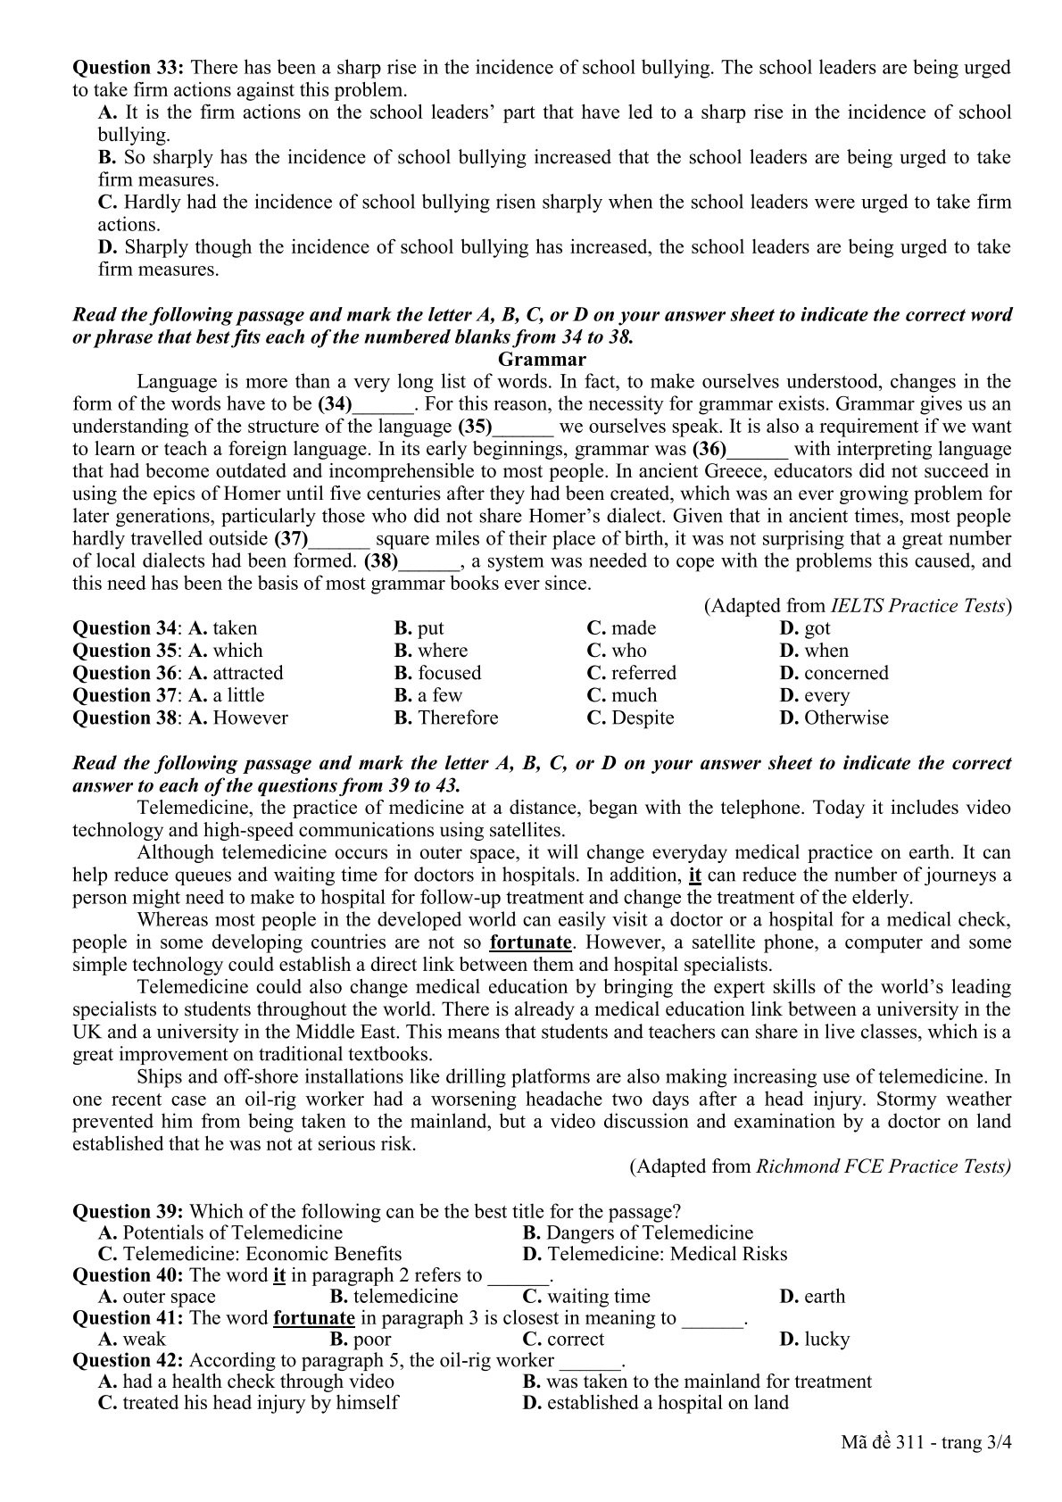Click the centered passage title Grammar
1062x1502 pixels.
(x=542, y=360)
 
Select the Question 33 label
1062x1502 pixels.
(x=129, y=67)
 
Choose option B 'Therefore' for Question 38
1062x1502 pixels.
(x=446, y=718)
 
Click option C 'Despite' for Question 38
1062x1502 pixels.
(x=630, y=718)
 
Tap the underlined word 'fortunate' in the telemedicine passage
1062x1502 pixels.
(x=531, y=942)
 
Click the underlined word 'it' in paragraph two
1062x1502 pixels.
(x=695, y=875)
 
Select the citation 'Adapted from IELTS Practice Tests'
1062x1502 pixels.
(x=858, y=606)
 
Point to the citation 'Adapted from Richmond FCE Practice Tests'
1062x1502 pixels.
(x=820, y=1166)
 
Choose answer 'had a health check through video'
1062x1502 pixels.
(x=246, y=1382)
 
